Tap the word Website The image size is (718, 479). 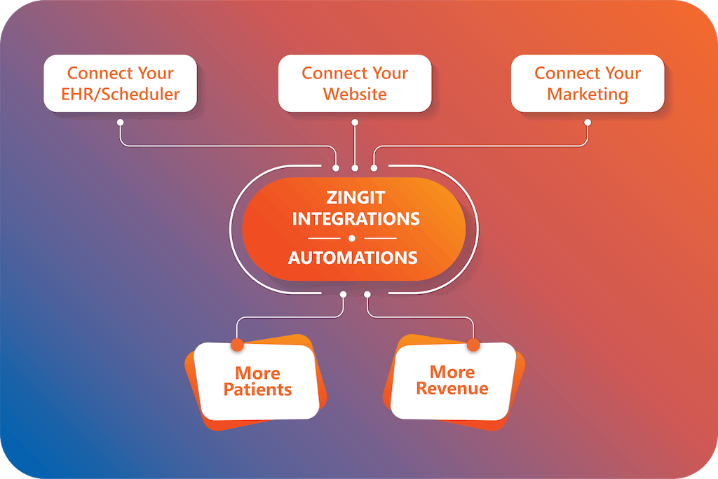coord(355,94)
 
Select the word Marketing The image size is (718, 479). coord(588,94)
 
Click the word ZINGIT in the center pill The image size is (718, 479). coord(355,198)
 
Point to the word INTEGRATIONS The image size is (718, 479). coord(355,218)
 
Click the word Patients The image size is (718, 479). coord(257,389)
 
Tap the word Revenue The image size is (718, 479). coord(452,388)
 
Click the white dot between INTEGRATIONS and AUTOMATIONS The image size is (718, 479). coord(353,238)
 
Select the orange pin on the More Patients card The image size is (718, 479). coord(237,345)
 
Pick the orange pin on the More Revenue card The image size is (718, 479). coord(473,345)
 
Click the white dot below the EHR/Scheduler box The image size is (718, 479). coord(120,122)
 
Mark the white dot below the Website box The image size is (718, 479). coord(355,122)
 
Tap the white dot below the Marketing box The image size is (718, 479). coord(588,122)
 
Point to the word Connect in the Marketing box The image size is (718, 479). coord(558,73)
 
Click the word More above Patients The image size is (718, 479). coord(257,373)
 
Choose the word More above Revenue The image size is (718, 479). coord(452,372)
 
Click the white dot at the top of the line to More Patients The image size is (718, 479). coord(343,294)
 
